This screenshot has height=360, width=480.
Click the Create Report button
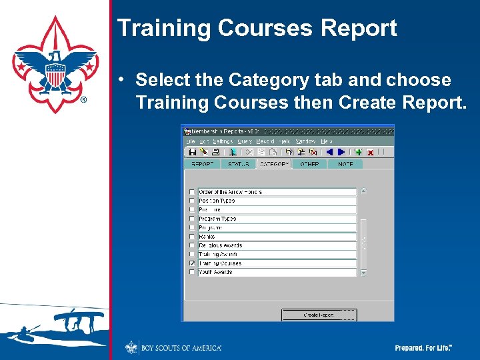(319, 315)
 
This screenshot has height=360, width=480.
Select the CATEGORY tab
(273, 164)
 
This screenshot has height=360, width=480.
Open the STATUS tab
(238, 164)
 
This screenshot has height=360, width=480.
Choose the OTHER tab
(309, 164)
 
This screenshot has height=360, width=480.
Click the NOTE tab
(345, 164)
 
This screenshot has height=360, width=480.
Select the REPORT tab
(202, 164)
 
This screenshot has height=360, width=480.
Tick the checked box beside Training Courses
(192, 263)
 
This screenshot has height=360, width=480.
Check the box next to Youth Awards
(192, 272)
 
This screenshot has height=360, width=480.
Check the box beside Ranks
(192, 237)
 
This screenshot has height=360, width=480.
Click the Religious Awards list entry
(277, 245)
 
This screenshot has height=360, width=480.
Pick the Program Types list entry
(277, 219)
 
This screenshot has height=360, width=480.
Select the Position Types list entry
(277, 201)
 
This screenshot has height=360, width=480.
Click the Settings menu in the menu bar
(223, 141)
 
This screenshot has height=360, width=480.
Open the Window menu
(306, 141)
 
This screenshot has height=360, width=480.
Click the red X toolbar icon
(370, 152)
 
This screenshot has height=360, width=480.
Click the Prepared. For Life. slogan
(423, 348)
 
